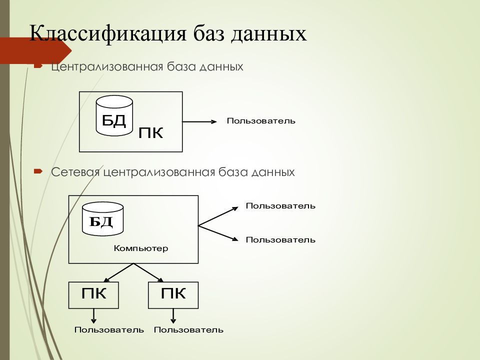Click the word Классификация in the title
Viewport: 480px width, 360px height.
[x=108, y=33]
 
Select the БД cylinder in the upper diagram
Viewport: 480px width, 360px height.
[x=114, y=115]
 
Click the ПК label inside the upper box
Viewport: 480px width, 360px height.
[x=150, y=133]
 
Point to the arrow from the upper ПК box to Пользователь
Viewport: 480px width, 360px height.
[x=199, y=122]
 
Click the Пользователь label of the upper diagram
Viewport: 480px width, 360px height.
[x=261, y=121]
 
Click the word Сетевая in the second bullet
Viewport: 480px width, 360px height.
[x=75, y=172]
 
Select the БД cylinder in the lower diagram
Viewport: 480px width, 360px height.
[x=103, y=218]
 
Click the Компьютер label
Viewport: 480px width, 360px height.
[x=141, y=248]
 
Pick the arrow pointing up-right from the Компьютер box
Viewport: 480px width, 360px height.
[x=218, y=216]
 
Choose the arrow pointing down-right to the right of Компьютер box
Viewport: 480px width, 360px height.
[x=218, y=233]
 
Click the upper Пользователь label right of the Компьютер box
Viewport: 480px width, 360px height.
[x=280, y=206]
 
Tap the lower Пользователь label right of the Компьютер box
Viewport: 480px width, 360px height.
[x=280, y=239]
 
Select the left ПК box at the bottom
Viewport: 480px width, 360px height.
[x=93, y=295]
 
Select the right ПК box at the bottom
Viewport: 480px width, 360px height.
[x=173, y=295]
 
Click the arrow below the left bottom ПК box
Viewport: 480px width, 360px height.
[x=93, y=316]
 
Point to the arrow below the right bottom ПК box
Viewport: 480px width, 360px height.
[x=173, y=316]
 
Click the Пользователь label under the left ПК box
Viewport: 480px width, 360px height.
[x=109, y=330]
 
